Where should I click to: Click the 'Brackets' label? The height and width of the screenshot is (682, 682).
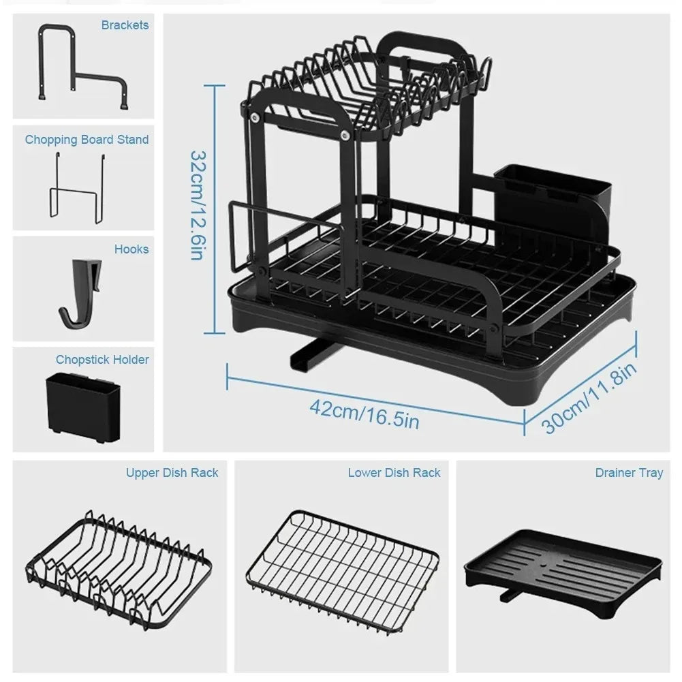[125, 25]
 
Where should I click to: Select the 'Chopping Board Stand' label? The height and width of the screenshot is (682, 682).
[87, 140]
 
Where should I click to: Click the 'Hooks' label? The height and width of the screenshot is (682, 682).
[131, 249]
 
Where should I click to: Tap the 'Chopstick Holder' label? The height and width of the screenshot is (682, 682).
[102, 359]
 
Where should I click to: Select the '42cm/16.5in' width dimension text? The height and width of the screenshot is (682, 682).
[364, 412]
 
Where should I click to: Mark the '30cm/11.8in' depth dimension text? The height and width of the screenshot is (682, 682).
[590, 398]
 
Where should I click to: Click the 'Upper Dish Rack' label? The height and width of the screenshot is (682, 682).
[172, 472]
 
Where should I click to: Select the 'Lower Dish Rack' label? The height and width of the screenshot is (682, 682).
[394, 472]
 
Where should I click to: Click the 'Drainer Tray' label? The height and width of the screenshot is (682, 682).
[628, 472]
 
